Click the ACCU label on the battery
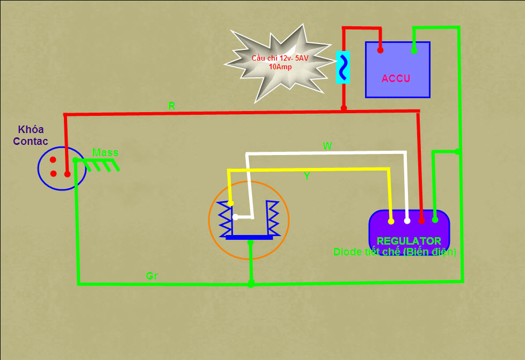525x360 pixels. (396, 78)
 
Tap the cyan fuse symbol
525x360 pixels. (343, 67)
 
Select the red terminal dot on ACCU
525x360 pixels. (380, 50)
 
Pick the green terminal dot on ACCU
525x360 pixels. (414, 50)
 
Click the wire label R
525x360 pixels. (171, 106)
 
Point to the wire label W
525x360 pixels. (327, 146)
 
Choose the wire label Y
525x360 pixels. (307, 175)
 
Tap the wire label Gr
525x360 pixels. (152, 276)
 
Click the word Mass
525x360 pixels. (105, 152)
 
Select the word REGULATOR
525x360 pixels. (409, 241)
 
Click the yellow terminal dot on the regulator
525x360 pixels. (391, 221)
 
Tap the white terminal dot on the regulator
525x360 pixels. (407, 221)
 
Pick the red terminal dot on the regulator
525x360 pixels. (421, 221)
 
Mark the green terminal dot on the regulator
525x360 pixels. (435, 220)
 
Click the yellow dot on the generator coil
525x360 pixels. (230, 203)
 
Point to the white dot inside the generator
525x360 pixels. (235, 217)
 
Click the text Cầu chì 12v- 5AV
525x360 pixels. (280, 58)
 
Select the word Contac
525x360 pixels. (31, 141)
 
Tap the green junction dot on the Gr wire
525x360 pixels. (251, 284)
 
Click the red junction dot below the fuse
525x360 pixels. (344, 108)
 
